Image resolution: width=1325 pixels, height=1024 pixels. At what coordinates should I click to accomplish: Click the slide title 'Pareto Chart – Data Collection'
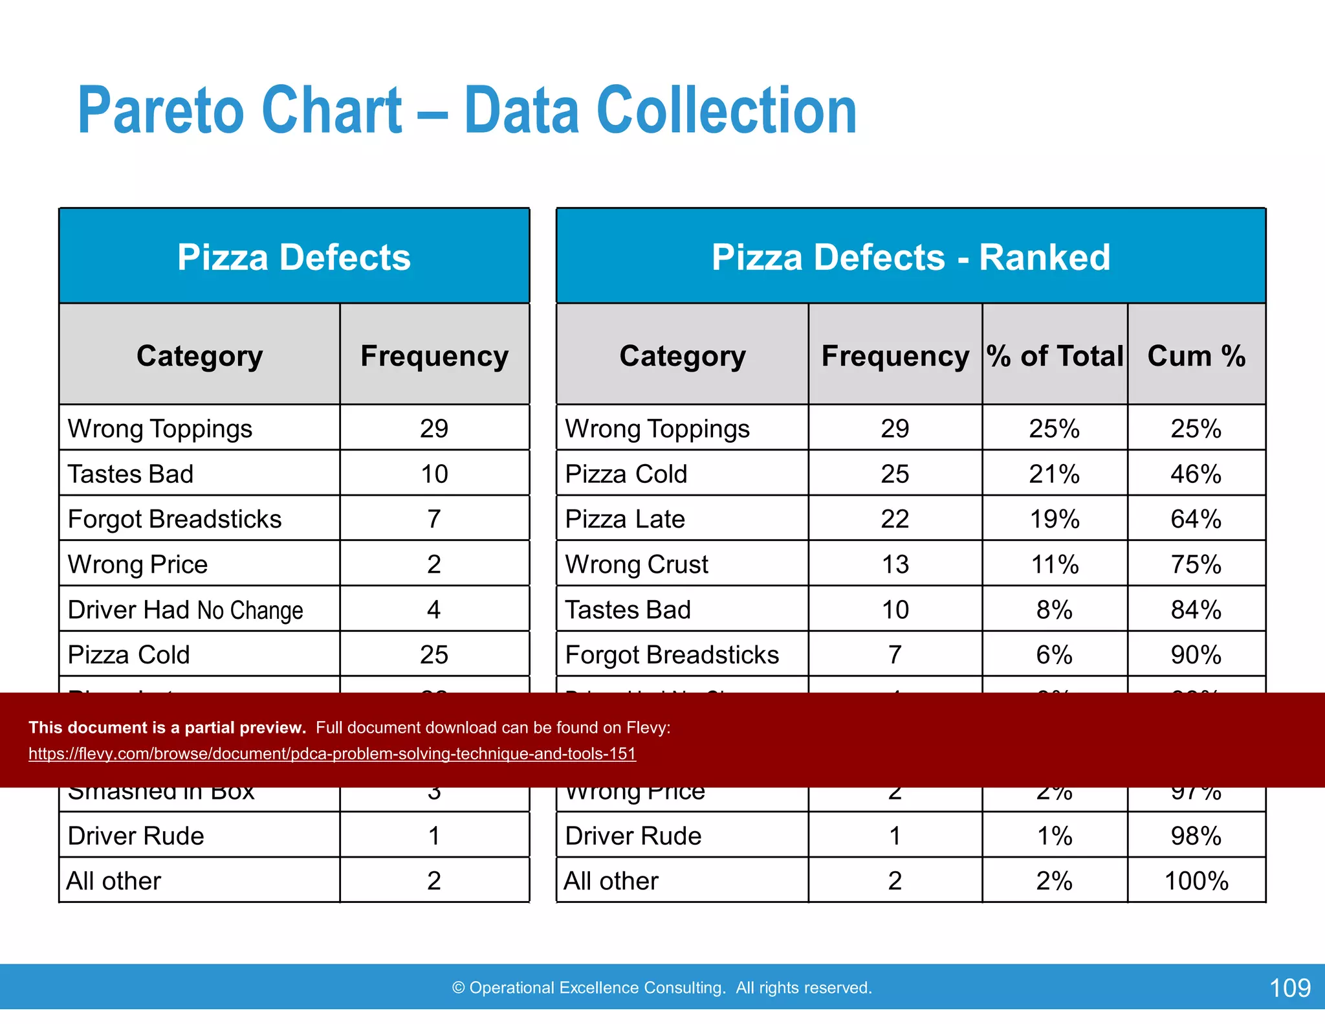pos(466,111)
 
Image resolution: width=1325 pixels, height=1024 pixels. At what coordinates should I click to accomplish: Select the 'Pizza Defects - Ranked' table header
pos(910,257)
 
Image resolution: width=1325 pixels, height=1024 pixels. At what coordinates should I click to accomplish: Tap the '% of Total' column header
pos(1055,356)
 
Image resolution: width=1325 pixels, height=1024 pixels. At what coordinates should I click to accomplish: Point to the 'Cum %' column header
pos(1196,356)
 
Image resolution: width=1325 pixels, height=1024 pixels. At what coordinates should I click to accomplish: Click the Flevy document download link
pos(332,753)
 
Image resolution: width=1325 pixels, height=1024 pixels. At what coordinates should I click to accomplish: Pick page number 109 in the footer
pos(1289,988)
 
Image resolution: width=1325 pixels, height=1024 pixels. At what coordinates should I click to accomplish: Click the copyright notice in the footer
pos(662,988)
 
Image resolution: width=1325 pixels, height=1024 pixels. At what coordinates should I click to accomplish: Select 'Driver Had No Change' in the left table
pos(186,610)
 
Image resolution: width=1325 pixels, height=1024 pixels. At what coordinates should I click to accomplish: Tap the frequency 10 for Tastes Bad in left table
pos(434,474)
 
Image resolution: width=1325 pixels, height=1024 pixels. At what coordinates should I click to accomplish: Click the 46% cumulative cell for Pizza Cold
pos(1196,474)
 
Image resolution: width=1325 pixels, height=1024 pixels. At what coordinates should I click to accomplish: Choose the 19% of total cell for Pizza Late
pos(1055,519)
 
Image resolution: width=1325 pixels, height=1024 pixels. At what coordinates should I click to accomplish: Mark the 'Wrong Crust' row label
pos(637,564)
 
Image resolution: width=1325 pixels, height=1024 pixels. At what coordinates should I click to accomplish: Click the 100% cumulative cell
pos(1196,881)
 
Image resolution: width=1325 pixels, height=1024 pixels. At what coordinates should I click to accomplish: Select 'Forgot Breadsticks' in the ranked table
pos(672,655)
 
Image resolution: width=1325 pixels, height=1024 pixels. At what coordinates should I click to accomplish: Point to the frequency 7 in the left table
pos(434,519)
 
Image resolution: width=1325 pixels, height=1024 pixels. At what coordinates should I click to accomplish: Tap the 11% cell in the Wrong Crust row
pos(1055,564)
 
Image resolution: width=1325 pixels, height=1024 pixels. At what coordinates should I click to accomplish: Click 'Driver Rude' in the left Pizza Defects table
pos(136,836)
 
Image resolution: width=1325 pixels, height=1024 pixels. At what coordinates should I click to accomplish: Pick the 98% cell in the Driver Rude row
pos(1196,836)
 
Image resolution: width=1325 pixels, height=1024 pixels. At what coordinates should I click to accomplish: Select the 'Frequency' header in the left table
pos(434,356)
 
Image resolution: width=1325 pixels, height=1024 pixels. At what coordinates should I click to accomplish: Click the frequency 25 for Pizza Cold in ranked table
pos(895,474)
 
